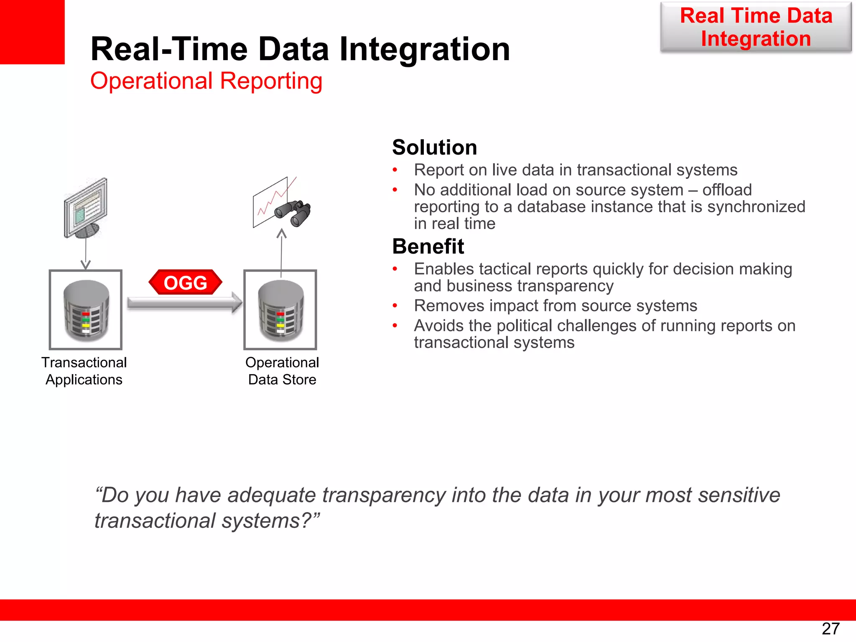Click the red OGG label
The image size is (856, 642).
185,283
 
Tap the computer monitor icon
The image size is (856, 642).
85,208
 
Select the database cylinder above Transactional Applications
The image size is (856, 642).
86,310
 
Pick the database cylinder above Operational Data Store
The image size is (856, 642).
280,310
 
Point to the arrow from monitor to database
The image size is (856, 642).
86,253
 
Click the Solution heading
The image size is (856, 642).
434,148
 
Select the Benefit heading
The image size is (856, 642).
428,247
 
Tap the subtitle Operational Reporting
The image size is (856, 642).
206,81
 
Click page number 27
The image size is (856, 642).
831,628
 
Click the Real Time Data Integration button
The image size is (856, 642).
756,27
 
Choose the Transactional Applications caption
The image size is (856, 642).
84,371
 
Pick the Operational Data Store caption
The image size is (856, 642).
282,371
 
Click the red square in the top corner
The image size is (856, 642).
32,32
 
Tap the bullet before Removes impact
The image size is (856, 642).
395,306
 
